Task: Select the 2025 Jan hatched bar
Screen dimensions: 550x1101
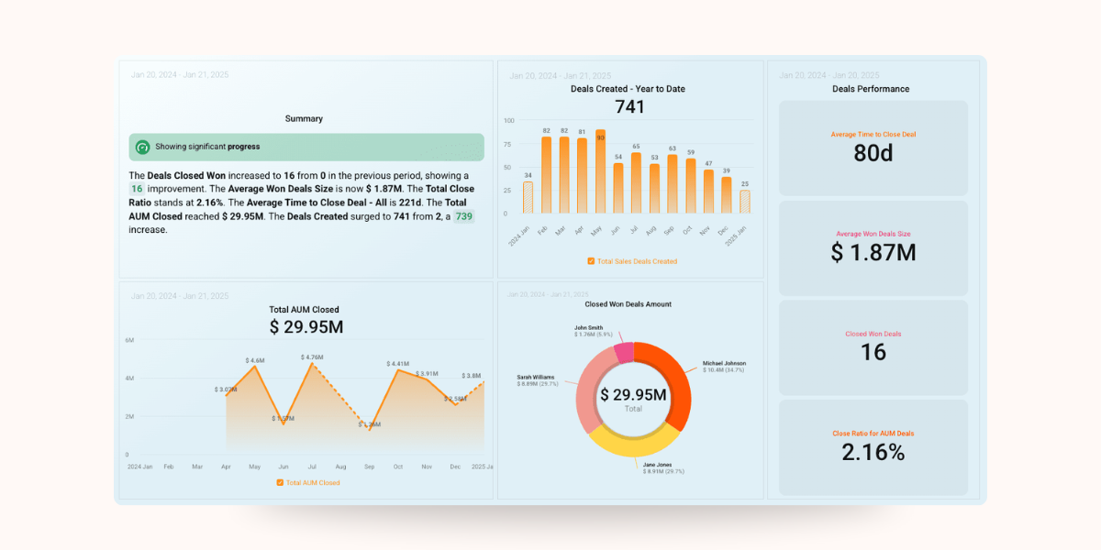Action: coord(744,202)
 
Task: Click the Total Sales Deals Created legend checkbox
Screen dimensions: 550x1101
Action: coord(592,261)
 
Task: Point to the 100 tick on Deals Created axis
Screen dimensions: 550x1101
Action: coord(509,120)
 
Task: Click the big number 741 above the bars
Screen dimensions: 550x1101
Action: coord(629,107)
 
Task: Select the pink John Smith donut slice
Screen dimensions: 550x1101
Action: coord(624,352)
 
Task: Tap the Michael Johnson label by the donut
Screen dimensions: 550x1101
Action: coord(724,364)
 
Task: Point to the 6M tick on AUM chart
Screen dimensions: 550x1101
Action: coord(129,340)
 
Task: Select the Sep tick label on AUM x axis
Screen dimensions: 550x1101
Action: coord(369,467)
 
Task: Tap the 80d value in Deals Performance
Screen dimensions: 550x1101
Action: coord(873,154)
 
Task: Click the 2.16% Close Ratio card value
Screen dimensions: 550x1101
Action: coord(873,452)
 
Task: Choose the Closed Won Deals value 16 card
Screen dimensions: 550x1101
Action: coord(873,352)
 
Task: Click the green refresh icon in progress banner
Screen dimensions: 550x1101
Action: coord(142,147)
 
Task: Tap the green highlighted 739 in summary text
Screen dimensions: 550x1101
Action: coord(464,216)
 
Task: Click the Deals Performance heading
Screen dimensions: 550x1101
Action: coord(870,89)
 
